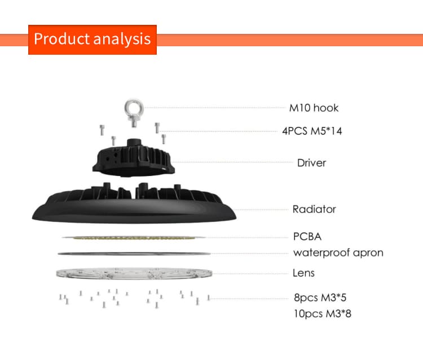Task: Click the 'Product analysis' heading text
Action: click(92, 39)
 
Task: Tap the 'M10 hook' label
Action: click(314, 108)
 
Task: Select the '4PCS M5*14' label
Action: click(312, 131)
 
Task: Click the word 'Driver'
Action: click(311, 163)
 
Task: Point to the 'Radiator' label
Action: click(314, 209)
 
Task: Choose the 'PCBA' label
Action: click(307, 236)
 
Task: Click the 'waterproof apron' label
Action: click(338, 253)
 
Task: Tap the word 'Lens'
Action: click(304, 273)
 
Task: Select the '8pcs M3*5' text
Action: click(320, 298)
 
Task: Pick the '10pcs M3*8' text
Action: click(323, 314)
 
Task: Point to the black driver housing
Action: click(134, 160)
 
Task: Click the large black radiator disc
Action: click(134, 205)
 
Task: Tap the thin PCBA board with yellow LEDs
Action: click(134, 238)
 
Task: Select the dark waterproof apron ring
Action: click(134, 254)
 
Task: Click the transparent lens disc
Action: click(134, 274)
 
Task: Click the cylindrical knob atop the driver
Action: click(134, 143)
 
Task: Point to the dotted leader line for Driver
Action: click(232, 162)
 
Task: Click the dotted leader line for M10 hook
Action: click(215, 107)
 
